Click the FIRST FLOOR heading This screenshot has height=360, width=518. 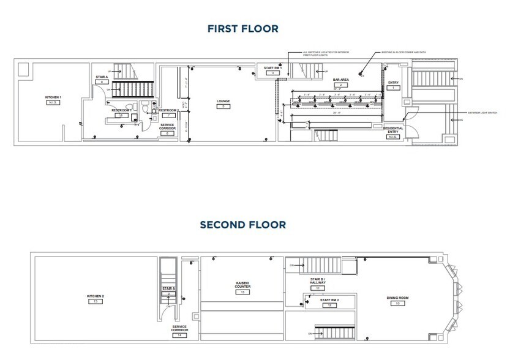pyautogui.click(x=242, y=29)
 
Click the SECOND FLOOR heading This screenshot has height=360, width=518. pyautogui.click(x=242, y=225)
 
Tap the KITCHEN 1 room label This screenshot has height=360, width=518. pyautogui.click(x=53, y=97)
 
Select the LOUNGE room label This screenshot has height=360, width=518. pyautogui.click(x=223, y=102)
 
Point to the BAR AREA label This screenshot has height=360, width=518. pyautogui.click(x=340, y=80)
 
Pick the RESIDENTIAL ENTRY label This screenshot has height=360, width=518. pyautogui.click(x=393, y=130)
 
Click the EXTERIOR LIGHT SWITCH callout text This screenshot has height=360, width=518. pyautogui.click(x=483, y=113)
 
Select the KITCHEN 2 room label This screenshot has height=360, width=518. pyautogui.click(x=96, y=296)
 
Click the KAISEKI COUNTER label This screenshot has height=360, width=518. pyautogui.click(x=243, y=285)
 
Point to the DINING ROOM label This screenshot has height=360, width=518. pyautogui.click(x=397, y=298)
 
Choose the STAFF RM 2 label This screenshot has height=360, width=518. pyautogui.click(x=329, y=299)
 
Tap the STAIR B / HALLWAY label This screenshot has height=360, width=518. pyautogui.click(x=317, y=282)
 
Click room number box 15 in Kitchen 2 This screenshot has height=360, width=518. pyautogui.click(x=96, y=302)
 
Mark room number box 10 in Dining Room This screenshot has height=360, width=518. pyautogui.click(x=397, y=303)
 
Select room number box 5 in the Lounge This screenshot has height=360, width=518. pyautogui.click(x=223, y=107)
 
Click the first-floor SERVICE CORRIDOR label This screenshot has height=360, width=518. pyautogui.click(x=167, y=127)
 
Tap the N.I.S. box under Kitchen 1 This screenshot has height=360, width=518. pyautogui.click(x=53, y=103)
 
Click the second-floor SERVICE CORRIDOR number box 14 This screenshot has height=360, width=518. pyautogui.click(x=179, y=336)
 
